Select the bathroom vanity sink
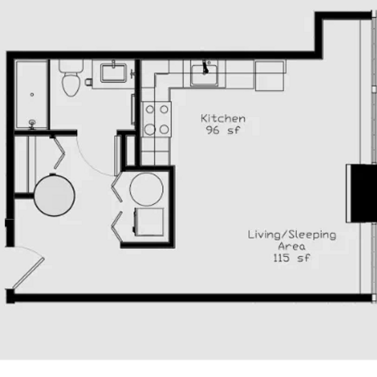coord(114,73)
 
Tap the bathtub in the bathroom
coord(32,95)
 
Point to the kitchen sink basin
coord(205,75)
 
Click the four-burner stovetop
coord(156,119)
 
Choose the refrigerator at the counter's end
coord(270,76)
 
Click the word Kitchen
coord(223,119)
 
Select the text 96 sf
coord(223,130)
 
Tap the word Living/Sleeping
coord(292,235)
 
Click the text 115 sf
coord(292,258)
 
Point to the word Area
coord(292,246)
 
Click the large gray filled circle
coord(54,195)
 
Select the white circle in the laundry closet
coord(146,189)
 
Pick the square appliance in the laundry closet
coord(149,222)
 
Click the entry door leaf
coord(28,273)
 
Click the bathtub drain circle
coord(32,95)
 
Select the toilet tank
coord(71,66)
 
